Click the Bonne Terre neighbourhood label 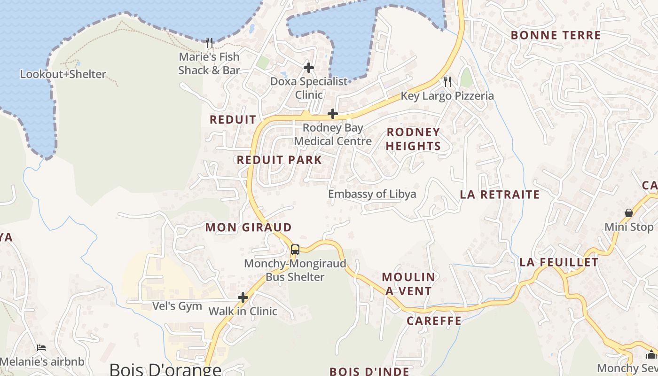point(556,35)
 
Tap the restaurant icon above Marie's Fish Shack point(210,43)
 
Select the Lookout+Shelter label point(63,74)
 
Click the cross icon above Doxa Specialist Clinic point(309,68)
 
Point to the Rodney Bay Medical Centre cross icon point(333,114)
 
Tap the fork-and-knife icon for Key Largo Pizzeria point(447,82)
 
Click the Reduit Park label point(279,160)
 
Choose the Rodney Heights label point(413,139)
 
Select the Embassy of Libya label point(372,194)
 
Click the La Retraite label point(500,195)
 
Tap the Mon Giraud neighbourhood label point(249,227)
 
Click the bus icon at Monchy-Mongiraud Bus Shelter point(295,250)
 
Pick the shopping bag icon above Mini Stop point(629,213)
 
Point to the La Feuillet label point(559,262)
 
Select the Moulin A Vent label point(408,284)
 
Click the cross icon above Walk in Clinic point(243,298)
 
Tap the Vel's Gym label point(177,306)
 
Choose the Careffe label point(434,321)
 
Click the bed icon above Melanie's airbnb point(41,348)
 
